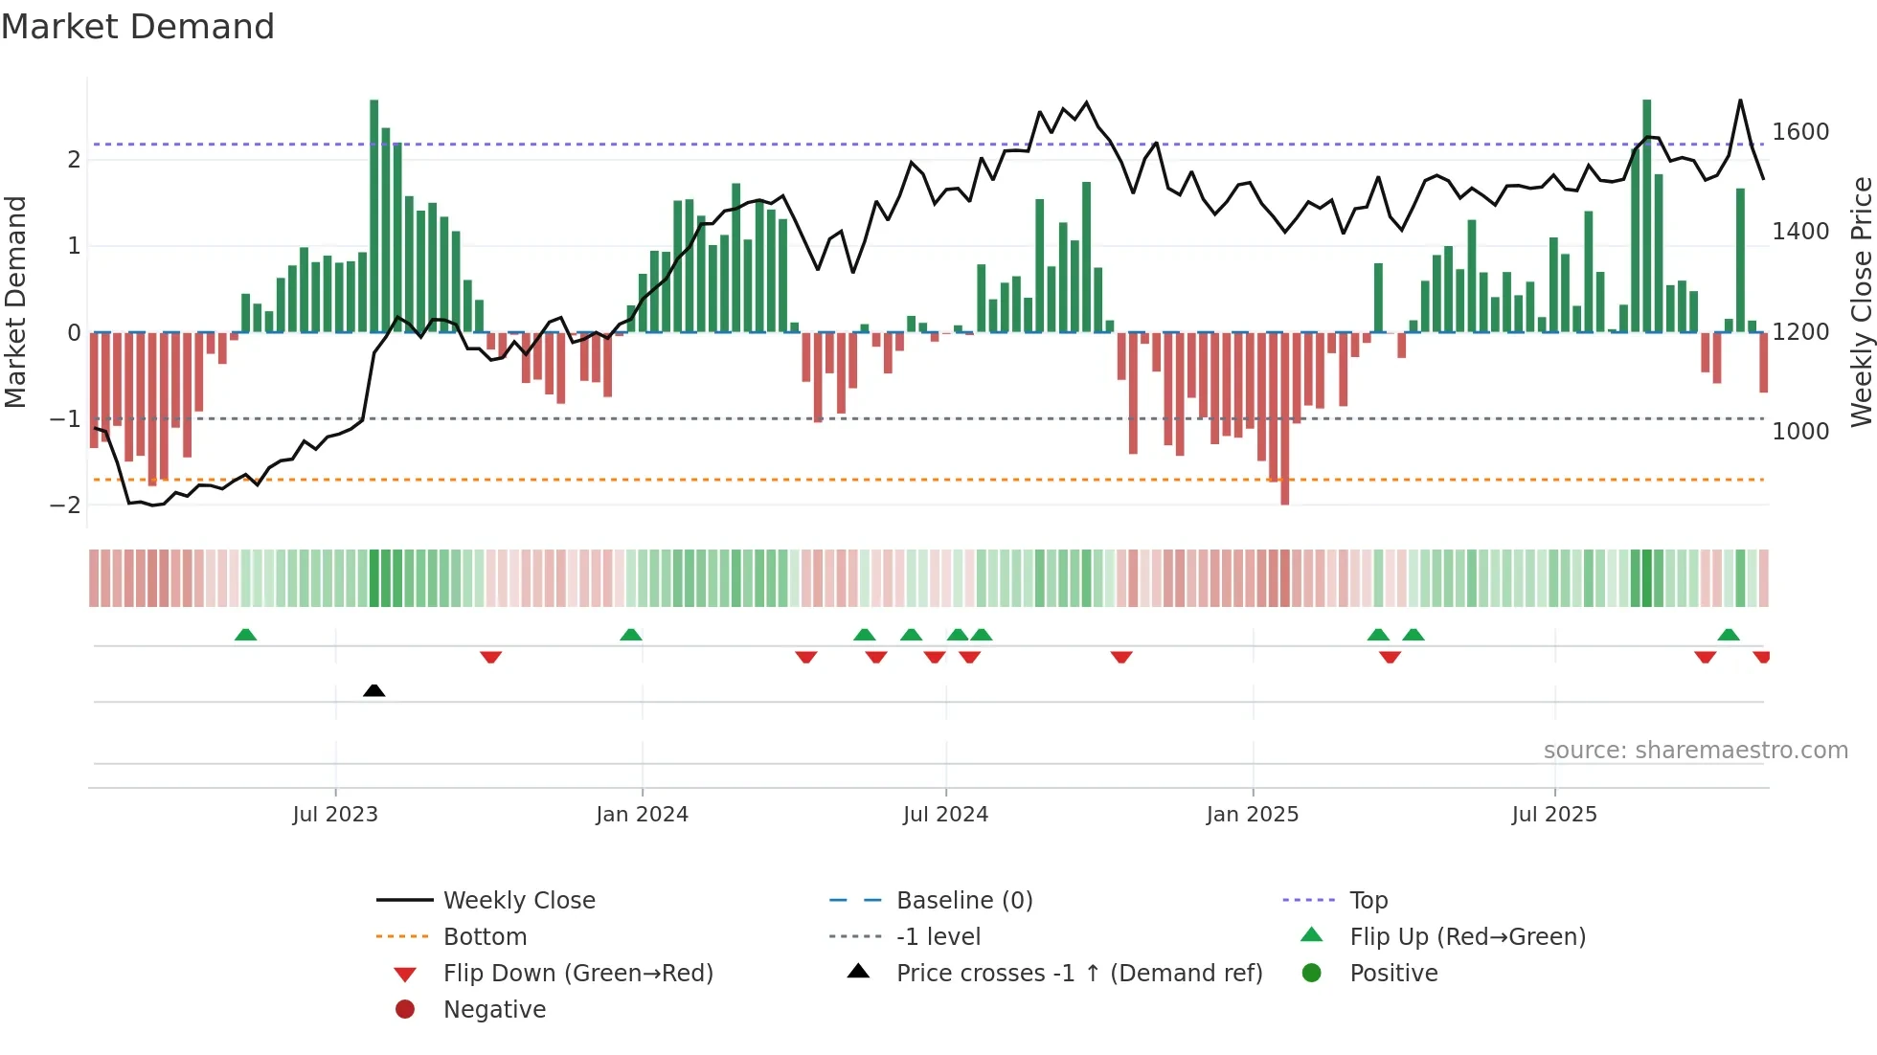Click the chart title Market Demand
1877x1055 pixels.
click(138, 26)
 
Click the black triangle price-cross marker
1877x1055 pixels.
click(374, 690)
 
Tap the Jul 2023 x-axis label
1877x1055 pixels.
click(335, 815)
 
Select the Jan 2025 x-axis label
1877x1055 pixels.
click(1252, 815)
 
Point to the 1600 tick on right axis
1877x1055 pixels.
click(1800, 131)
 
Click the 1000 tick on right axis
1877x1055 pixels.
click(1800, 431)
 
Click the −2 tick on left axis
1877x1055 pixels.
click(65, 505)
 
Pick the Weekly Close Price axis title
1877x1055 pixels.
click(1861, 302)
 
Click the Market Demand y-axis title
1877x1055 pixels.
click(15, 302)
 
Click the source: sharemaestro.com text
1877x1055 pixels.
click(1695, 751)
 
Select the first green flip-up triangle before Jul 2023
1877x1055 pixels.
click(246, 635)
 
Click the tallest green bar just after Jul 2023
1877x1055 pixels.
click(374, 215)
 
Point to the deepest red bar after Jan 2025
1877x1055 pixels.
click(1284, 418)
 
